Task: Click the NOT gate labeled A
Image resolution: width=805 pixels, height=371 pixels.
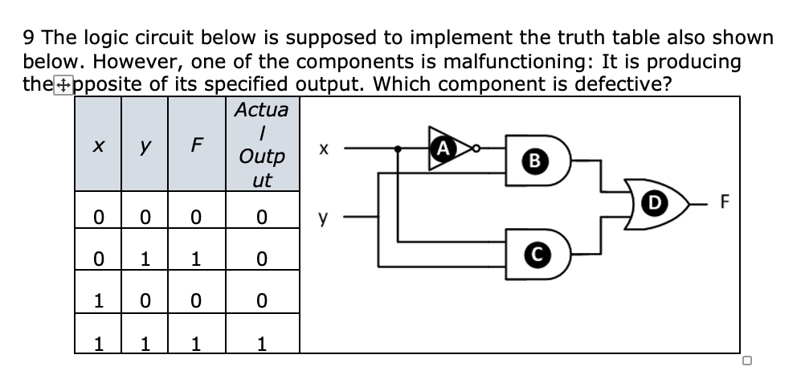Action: (x=443, y=147)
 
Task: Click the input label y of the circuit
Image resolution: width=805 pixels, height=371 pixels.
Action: (x=323, y=217)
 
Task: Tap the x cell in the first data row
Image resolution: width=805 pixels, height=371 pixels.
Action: (x=97, y=218)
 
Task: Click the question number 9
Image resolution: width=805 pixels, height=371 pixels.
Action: (x=29, y=38)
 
